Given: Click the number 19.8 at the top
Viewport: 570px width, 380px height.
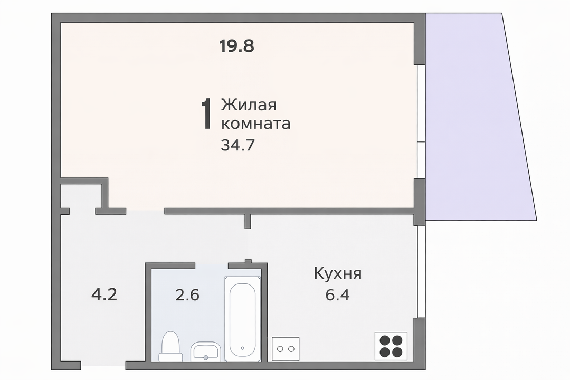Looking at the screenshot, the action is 236,46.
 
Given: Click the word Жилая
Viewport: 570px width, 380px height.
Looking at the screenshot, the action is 249,104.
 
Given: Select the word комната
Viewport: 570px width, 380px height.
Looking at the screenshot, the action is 255,123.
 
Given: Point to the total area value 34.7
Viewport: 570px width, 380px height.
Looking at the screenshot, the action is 237,145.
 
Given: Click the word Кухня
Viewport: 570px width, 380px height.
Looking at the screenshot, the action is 338,273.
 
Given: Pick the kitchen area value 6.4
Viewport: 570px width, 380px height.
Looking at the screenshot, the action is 337,295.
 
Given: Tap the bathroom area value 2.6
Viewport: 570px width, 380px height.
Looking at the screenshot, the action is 187,295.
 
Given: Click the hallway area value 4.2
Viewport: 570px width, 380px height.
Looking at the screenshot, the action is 104,294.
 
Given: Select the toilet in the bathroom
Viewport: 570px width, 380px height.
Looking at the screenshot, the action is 170,346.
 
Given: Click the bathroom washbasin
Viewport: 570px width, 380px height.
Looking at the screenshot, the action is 205,351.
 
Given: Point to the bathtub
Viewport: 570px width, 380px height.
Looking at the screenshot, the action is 242,319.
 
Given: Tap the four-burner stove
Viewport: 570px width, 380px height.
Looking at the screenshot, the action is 391,346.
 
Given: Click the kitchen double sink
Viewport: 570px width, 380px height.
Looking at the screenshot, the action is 286,349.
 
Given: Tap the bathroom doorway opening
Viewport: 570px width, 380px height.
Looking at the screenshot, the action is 212,265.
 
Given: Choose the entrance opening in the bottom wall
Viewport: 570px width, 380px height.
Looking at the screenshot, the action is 103,365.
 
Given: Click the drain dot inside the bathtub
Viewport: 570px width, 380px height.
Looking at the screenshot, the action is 242,348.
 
